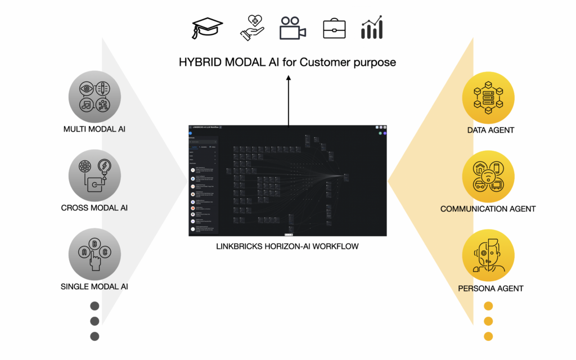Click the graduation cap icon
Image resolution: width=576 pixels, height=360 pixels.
208,28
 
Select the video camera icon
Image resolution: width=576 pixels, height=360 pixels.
292,28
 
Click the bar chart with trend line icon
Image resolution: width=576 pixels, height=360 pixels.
372,28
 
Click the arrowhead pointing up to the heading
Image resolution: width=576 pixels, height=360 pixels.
289,79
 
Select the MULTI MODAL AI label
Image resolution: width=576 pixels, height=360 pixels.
94,129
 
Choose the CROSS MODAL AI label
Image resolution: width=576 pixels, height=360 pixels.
94,208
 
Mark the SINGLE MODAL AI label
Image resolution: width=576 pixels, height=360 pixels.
94,286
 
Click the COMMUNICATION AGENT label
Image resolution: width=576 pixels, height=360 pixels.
488,209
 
